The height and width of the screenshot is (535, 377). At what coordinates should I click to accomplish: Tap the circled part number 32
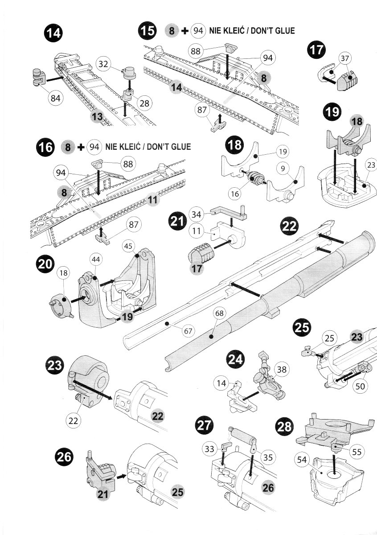click(x=103, y=64)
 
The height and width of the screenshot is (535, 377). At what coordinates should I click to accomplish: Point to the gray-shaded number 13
click(x=97, y=117)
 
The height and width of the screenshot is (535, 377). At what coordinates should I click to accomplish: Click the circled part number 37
click(x=344, y=58)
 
